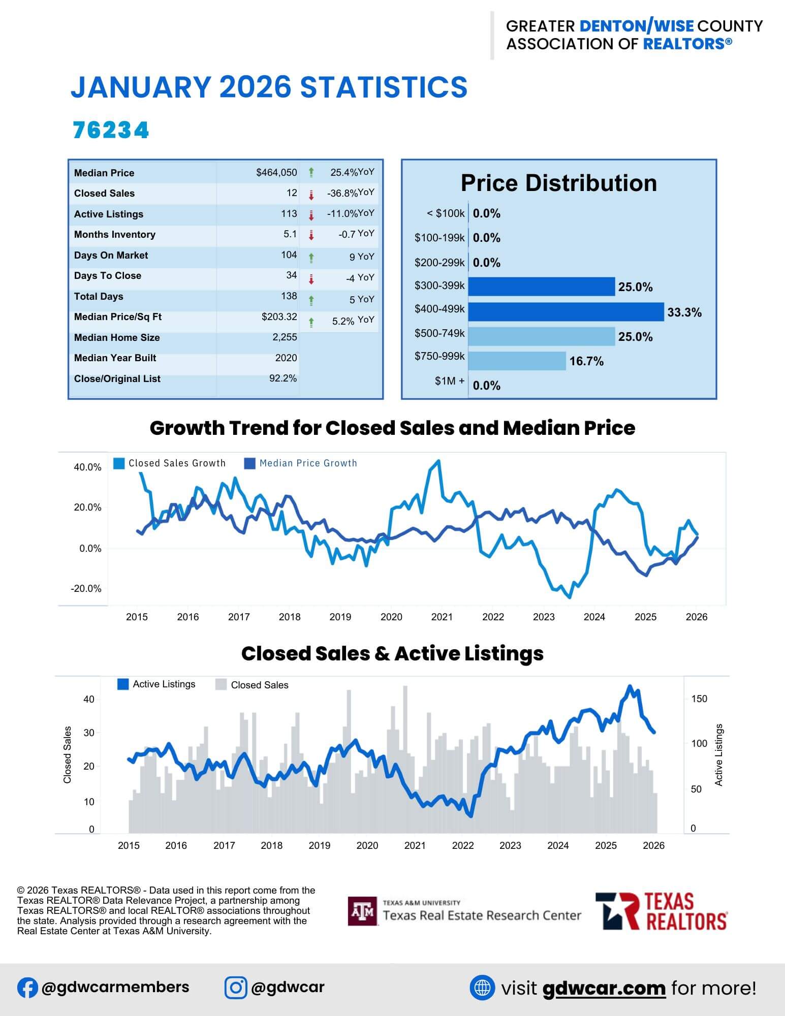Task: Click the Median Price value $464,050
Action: pos(276,173)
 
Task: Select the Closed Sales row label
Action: pos(104,194)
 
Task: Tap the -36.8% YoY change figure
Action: pos(342,194)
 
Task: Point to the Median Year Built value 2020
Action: pos(286,358)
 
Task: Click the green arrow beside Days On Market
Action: pos(311,258)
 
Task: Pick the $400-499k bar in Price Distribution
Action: pos(566,312)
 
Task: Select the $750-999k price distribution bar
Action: pos(517,361)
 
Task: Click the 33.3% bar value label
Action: pos(684,312)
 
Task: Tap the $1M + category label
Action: pos(449,381)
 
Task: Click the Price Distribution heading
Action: pos(558,183)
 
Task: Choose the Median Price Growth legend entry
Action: pos(301,463)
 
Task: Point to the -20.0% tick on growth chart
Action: pos(86,589)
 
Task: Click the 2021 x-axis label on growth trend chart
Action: pos(442,617)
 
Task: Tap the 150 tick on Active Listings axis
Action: pos(699,699)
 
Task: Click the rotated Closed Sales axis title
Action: pos(67,754)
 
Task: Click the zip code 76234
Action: pos(111,130)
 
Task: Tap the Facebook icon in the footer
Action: pos(27,988)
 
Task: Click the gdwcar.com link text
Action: pos(604,988)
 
